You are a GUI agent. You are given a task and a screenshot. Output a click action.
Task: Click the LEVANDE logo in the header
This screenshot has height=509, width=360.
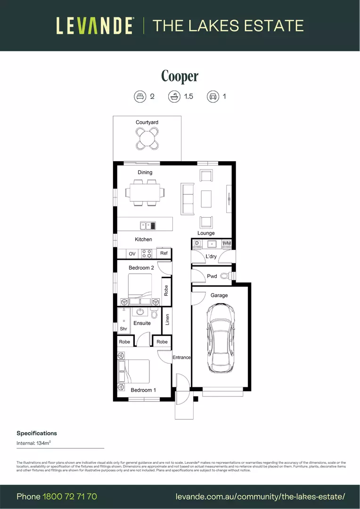click(x=95, y=25)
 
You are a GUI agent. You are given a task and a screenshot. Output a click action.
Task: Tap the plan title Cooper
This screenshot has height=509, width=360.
click(x=180, y=76)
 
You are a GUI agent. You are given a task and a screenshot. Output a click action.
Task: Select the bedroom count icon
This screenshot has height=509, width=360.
click(x=139, y=97)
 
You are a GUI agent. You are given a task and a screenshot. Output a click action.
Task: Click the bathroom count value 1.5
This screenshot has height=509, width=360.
click(x=188, y=97)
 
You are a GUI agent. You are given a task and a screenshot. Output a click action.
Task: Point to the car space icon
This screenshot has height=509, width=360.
click(x=213, y=97)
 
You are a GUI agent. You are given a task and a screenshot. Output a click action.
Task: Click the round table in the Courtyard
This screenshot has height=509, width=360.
click(x=147, y=138)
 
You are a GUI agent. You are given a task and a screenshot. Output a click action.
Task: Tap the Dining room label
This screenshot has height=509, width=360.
click(x=145, y=172)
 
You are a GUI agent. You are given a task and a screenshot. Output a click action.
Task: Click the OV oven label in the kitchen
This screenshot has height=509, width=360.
click(x=132, y=254)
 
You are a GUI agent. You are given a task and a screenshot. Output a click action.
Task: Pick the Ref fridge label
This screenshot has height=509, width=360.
click(x=164, y=253)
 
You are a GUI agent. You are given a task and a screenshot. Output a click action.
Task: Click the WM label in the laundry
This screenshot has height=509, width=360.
click(x=227, y=243)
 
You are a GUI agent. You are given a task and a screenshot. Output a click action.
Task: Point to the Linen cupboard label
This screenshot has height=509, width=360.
click(x=167, y=320)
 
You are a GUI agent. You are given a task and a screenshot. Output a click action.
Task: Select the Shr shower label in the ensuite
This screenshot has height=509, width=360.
click(x=123, y=329)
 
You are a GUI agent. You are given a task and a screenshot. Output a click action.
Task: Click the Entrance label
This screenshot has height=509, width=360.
click(x=181, y=357)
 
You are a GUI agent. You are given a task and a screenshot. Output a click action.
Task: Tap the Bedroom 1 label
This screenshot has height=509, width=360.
click(x=143, y=390)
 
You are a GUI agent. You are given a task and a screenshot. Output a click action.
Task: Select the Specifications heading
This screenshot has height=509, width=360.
click(x=37, y=433)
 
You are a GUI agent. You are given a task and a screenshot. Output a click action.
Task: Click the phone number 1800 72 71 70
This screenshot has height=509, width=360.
click(x=70, y=496)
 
